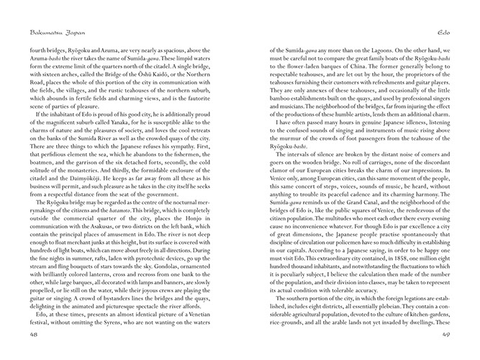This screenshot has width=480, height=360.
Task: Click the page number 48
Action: coord(34,335)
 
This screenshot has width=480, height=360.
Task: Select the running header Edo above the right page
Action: coord(443,32)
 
